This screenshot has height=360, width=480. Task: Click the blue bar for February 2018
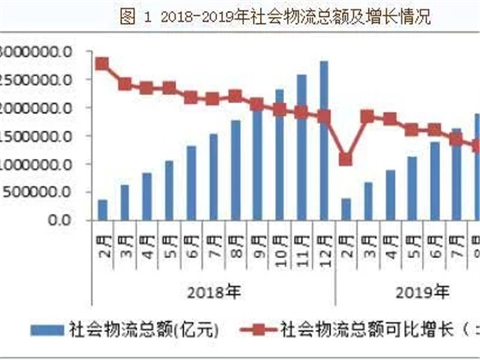[103, 209]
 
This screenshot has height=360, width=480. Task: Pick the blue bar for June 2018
[191, 182]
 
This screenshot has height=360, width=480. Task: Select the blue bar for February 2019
[346, 209]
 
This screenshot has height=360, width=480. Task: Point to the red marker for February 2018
[103, 64]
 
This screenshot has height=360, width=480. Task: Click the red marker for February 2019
[346, 159]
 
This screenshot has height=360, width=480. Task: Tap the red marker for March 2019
[368, 116]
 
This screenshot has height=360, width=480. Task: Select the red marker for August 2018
[235, 96]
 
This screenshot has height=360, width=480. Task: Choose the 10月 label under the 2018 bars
[280, 245]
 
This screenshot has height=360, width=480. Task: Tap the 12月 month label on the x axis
[324, 245]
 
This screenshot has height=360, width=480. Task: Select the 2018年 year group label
[214, 292]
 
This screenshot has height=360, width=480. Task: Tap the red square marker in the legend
[258, 329]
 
